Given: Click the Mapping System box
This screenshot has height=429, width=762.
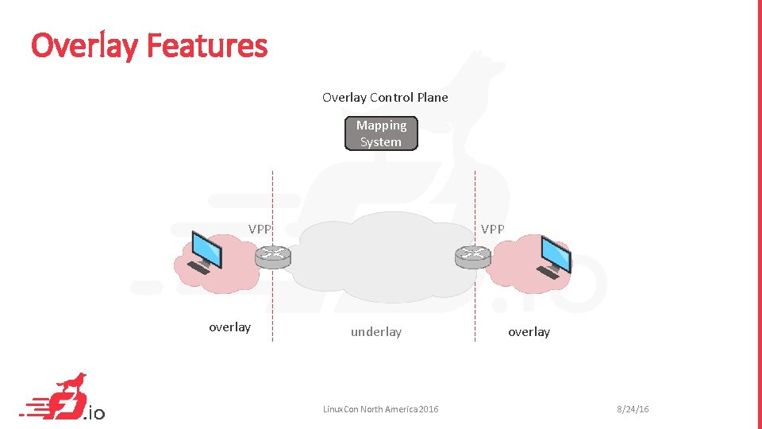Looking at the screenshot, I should [x=381, y=133].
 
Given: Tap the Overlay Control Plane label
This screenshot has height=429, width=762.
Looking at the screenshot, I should [x=385, y=98].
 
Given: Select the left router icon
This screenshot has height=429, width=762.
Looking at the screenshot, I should [x=273, y=256].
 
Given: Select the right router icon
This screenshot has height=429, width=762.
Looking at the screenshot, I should [x=473, y=256].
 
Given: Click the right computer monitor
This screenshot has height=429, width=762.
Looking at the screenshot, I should [x=554, y=253].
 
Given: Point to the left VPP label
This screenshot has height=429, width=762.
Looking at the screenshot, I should [x=260, y=229].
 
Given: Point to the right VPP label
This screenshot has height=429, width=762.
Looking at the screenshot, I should [x=492, y=229].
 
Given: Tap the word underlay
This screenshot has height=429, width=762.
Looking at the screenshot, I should [x=376, y=332].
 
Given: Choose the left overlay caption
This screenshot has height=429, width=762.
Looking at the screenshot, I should [x=229, y=327].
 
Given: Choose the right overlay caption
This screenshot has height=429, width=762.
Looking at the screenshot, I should [x=529, y=332].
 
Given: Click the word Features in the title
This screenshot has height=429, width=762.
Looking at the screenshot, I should [x=207, y=46].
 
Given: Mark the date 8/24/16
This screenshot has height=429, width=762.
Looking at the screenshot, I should [x=633, y=409].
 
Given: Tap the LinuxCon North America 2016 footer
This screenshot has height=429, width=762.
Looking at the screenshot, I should [x=380, y=409].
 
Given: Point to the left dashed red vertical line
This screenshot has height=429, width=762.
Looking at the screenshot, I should [x=272, y=302].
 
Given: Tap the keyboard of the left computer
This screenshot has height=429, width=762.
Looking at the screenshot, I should [x=198, y=269].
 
